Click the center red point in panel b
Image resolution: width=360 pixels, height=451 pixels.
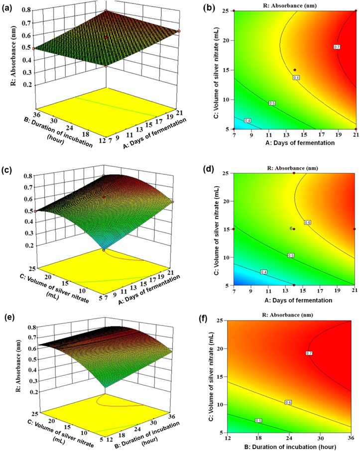point(294,70)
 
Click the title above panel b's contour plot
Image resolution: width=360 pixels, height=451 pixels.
point(294,5)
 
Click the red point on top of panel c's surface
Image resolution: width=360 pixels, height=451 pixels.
point(103,197)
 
